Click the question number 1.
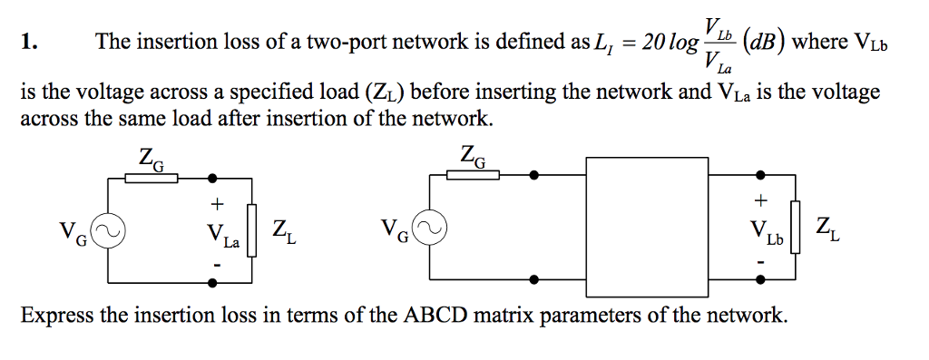point(28,42)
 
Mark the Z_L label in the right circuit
point(827,228)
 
